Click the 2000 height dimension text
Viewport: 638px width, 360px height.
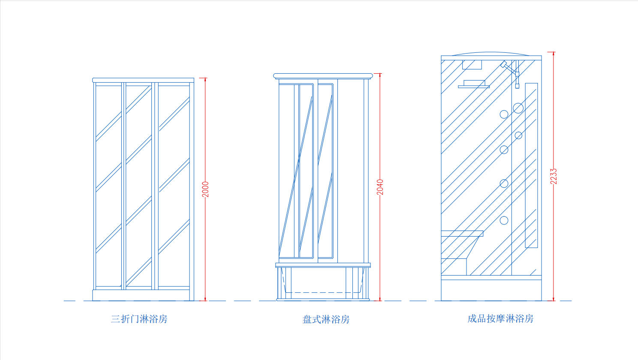click(x=205, y=189)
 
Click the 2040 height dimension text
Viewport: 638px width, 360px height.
click(x=380, y=187)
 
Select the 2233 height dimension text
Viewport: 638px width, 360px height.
click(x=554, y=177)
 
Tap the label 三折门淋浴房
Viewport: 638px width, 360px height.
click(x=139, y=319)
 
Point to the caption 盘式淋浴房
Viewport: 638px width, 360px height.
click(x=326, y=319)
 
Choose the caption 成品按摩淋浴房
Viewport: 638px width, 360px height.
click(x=500, y=318)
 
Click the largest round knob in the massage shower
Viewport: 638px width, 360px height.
click(x=518, y=108)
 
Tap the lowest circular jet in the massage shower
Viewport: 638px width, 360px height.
click(x=504, y=220)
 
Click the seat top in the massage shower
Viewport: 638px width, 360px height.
click(x=462, y=234)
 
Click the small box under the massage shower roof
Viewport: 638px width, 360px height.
click(x=472, y=65)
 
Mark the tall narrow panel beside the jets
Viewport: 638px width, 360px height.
click(x=532, y=165)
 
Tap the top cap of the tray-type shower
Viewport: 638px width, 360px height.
click(x=323, y=76)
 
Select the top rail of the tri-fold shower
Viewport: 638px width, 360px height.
click(x=143, y=80)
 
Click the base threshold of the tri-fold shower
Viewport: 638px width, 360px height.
click(x=141, y=295)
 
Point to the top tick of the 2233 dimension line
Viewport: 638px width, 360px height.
click(x=551, y=52)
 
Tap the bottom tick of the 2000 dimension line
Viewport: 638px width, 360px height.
click(x=203, y=300)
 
